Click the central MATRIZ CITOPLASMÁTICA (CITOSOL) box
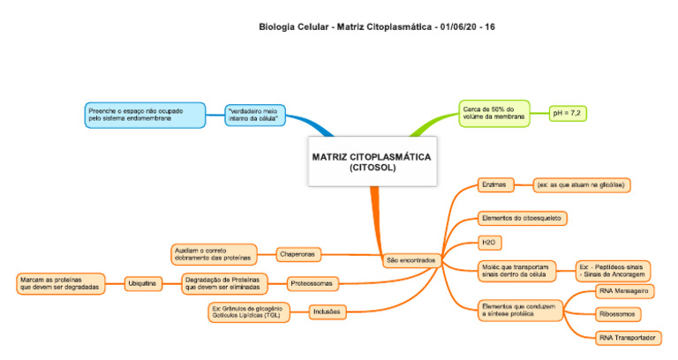coord(372,161)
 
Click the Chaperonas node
coord(298,254)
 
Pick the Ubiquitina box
coord(141,284)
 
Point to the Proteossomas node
coord(313,284)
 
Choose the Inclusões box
coord(327,311)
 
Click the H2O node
coord(486,242)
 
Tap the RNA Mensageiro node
coord(624,290)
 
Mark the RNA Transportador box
coord(627,338)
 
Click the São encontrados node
coord(411,261)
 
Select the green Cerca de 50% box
coord(493,112)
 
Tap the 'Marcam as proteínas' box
coord(60,284)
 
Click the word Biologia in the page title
coord(276,27)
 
